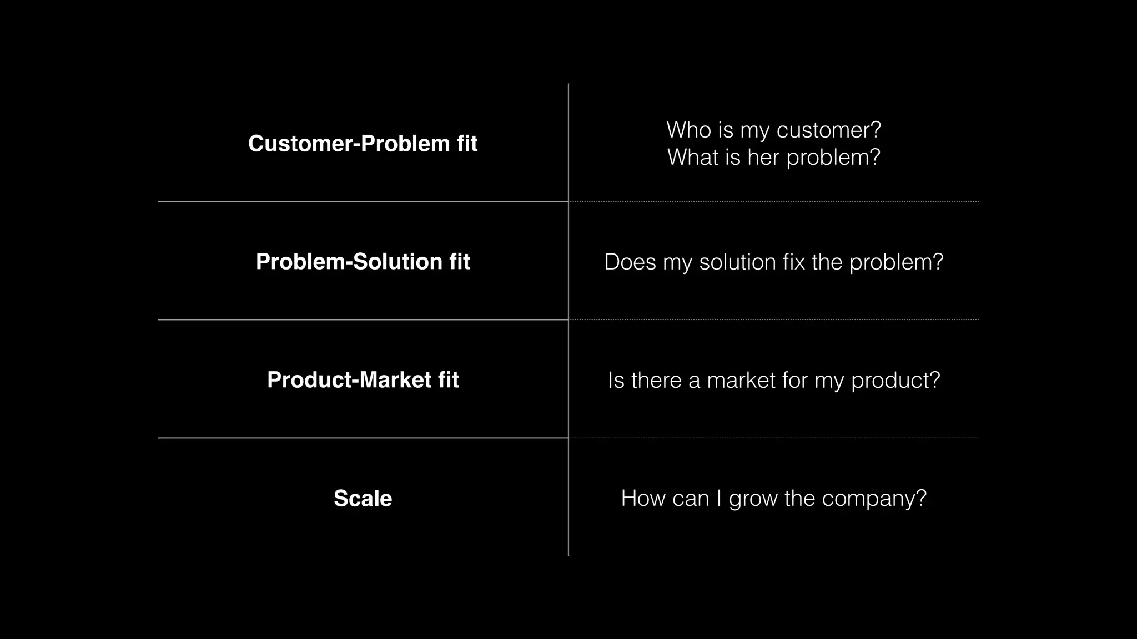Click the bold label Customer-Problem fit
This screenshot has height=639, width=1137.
363,144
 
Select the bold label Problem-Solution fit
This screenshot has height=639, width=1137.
363,262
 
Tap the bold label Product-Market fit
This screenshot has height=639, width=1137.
363,380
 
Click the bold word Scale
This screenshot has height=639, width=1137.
363,498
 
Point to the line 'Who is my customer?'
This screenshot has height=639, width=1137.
773,130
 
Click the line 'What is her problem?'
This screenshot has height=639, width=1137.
773,158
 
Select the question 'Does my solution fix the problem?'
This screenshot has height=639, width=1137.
773,262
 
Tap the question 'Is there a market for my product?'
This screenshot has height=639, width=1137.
773,381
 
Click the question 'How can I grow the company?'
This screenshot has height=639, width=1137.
773,498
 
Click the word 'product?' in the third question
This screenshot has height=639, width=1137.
895,381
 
